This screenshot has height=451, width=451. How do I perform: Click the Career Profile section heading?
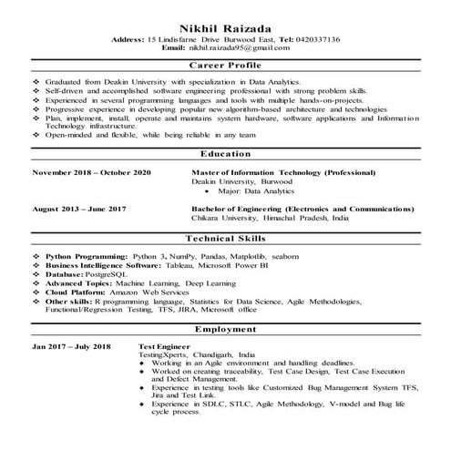coord(225,66)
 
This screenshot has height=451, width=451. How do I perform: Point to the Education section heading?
coord(225,155)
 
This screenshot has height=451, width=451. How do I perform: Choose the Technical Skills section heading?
coord(225,236)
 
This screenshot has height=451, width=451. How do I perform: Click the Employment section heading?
coord(225,329)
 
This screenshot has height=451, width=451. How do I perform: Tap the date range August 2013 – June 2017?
coord(79,209)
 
